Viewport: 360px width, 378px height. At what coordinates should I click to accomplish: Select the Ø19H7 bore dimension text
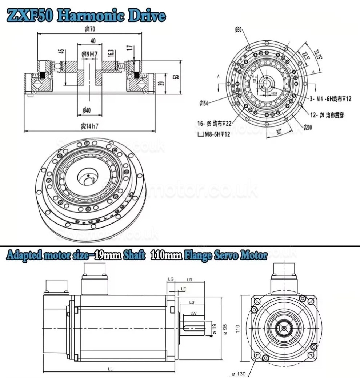(x=89, y=54)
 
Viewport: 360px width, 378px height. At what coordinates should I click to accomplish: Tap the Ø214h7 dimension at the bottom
(x=89, y=126)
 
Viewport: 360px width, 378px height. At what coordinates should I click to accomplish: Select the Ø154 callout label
(x=205, y=103)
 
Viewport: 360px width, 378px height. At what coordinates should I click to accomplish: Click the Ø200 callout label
(x=308, y=127)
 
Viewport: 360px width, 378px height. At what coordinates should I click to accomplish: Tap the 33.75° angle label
(x=315, y=54)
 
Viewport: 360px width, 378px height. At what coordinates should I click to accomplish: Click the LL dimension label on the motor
(x=110, y=369)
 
